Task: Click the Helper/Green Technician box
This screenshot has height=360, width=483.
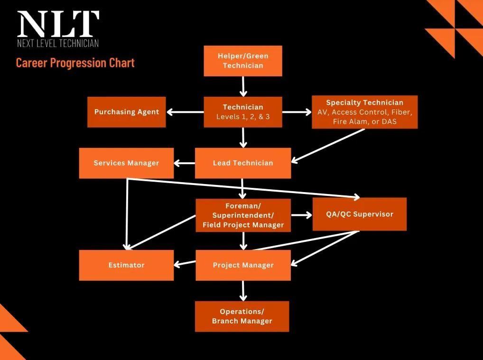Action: tap(243, 61)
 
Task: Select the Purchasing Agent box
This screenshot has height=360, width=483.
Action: tap(126, 112)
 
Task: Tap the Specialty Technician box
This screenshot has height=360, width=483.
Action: tap(364, 112)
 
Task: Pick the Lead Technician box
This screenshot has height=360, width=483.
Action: tap(243, 163)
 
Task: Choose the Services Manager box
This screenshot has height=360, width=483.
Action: tap(126, 163)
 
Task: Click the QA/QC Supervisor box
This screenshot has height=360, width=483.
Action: tap(359, 214)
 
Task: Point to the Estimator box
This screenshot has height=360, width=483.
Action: tap(126, 265)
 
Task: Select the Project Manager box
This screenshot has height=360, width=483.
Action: tap(243, 265)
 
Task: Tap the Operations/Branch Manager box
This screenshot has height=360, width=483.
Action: tap(242, 316)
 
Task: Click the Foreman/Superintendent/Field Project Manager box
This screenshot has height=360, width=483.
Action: tap(243, 215)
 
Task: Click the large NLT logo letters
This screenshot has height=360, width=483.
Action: tap(58, 24)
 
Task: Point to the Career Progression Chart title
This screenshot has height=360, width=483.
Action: tap(75, 63)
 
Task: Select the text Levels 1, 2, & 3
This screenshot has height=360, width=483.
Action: tap(243, 117)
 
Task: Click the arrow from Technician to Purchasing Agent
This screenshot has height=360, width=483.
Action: tap(185, 112)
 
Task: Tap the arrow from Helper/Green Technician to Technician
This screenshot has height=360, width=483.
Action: tap(243, 86)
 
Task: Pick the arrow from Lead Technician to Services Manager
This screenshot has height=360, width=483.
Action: tap(185, 163)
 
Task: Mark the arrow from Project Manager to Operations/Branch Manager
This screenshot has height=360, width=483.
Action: tap(243, 290)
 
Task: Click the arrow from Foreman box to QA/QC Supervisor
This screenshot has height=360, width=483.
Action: tap(301, 215)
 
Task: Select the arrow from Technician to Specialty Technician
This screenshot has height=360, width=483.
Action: tap(297, 112)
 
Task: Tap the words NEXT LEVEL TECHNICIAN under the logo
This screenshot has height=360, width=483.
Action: tap(58, 44)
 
